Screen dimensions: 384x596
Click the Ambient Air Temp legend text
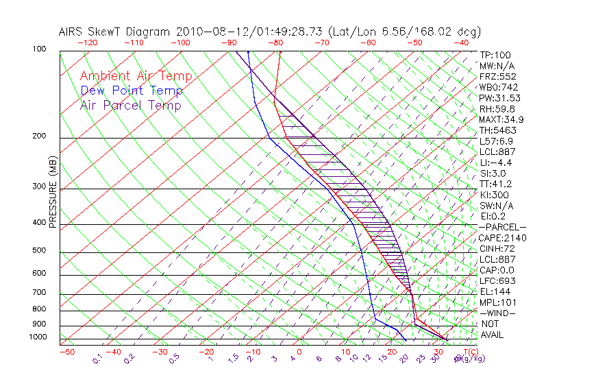click(136, 76)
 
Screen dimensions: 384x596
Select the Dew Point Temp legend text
click(132, 91)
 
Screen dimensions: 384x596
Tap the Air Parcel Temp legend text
click(130, 105)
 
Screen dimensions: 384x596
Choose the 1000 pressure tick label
click(38, 337)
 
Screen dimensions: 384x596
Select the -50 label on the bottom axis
click(66, 352)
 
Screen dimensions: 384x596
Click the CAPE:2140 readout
click(502, 238)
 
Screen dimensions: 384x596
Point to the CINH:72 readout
click(498, 249)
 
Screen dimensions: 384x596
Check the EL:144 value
click(495, 291)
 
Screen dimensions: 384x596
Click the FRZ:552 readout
click(497, 76)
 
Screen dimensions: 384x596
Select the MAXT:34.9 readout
click(502, 119)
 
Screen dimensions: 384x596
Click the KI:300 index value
click(495, 195)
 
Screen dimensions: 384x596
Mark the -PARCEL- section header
click(503, 227)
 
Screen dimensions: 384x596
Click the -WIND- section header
click(497, 313)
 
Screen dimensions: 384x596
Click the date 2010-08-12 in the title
click(212, 32)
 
